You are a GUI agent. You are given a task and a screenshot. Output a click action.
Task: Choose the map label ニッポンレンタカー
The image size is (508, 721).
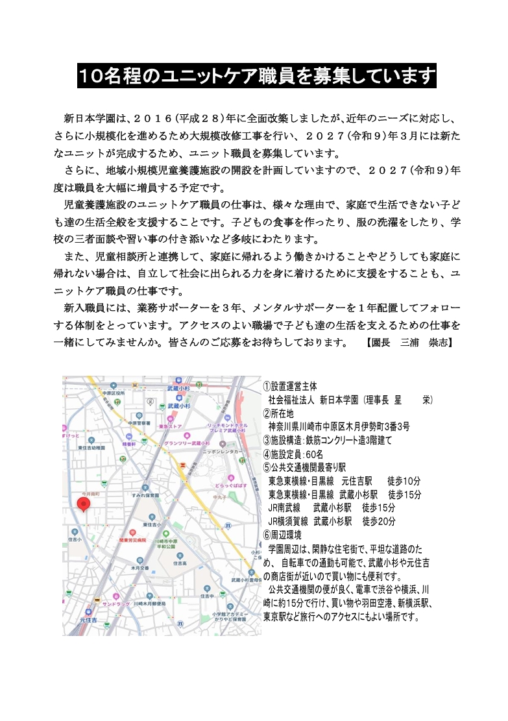pos(223,450)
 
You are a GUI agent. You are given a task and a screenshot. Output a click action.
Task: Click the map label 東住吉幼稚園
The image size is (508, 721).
pos(91,448)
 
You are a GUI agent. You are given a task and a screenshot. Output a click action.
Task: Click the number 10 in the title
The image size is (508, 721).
pos(91,77)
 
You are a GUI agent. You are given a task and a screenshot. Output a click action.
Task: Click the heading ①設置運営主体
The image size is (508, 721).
pos(290,386)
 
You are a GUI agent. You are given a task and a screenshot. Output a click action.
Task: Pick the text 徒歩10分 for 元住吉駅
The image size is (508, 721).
pos(404,481)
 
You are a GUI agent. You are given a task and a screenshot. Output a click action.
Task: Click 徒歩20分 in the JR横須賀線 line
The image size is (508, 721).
pos(379,521)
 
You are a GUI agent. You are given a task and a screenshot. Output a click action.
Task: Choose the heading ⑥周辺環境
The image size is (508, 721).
pos(283,535)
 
